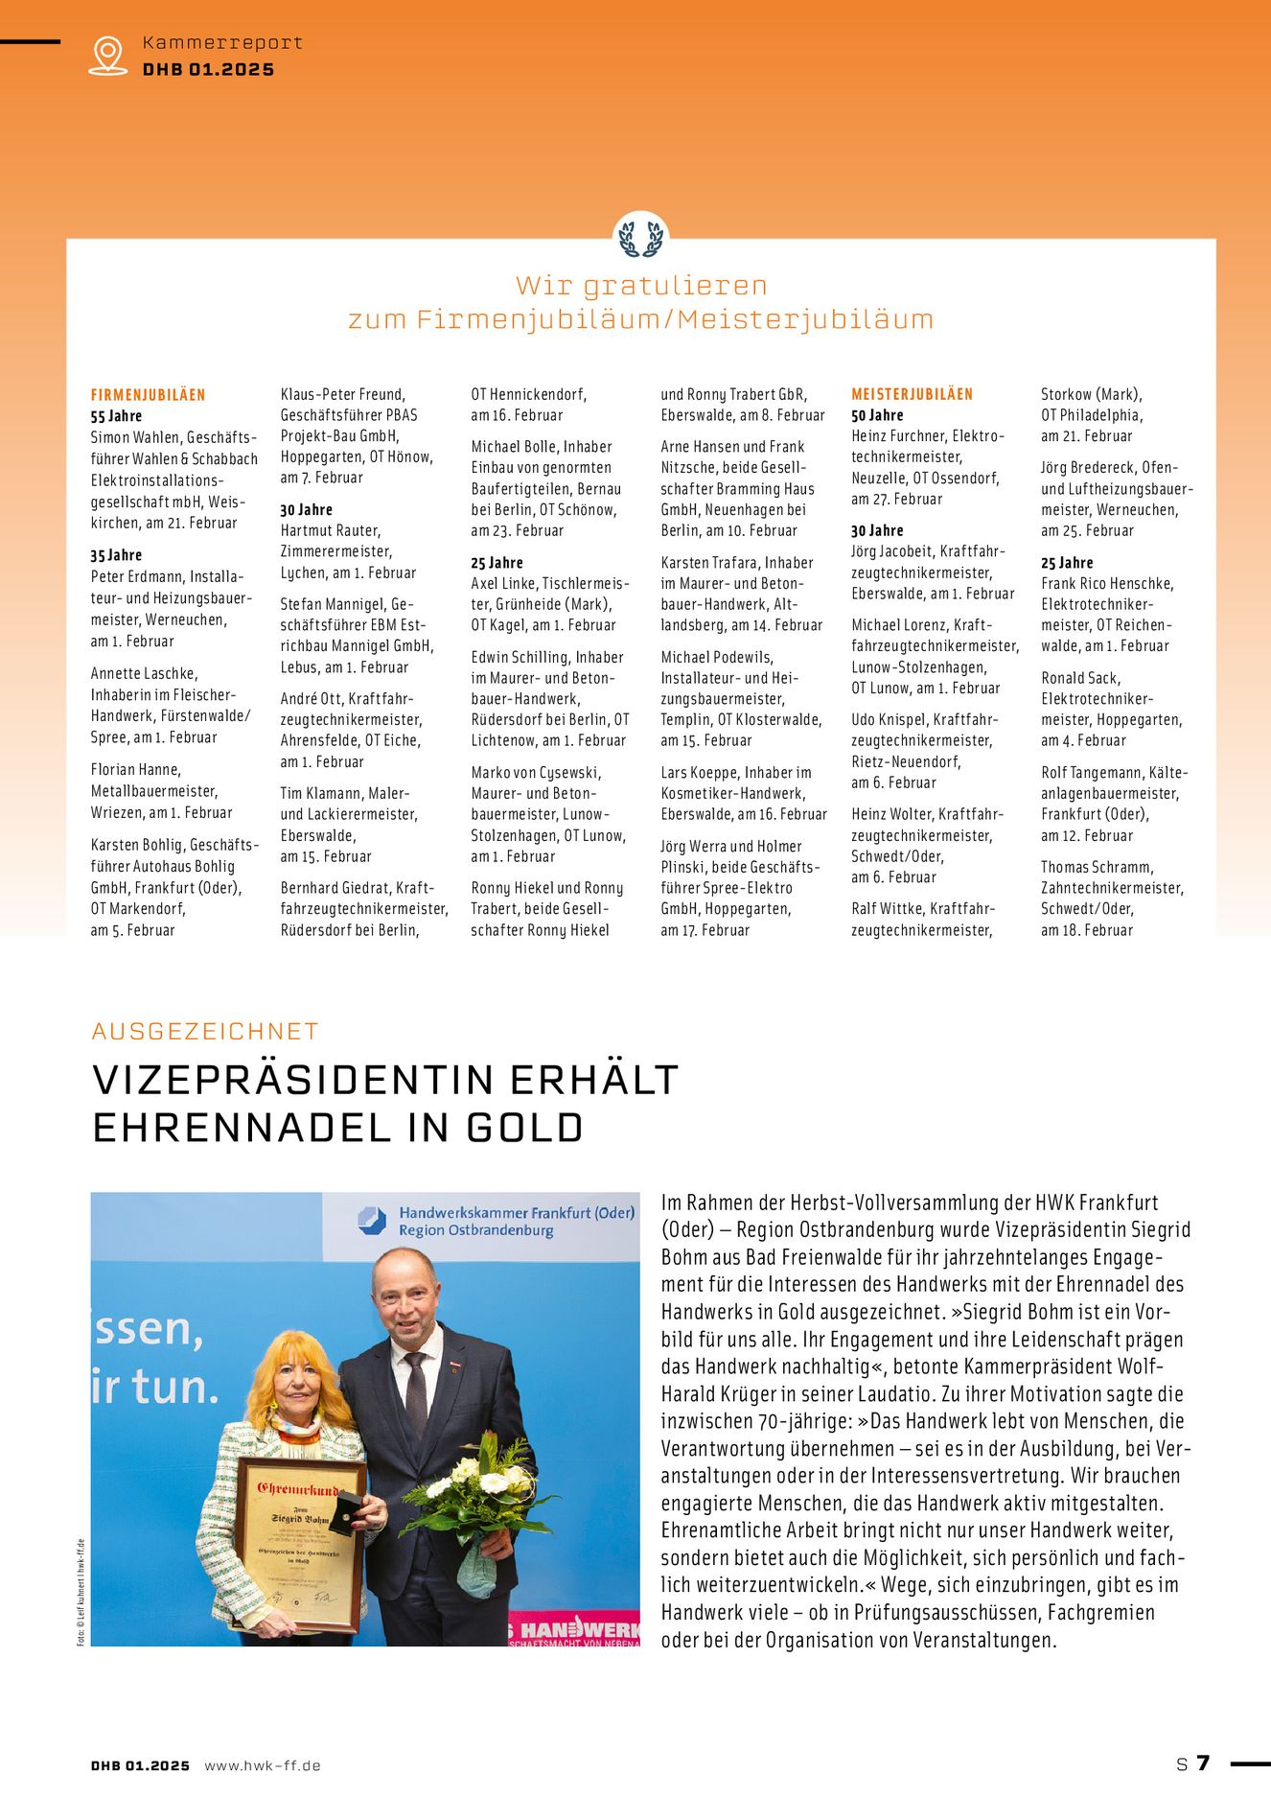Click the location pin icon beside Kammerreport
[107, 55]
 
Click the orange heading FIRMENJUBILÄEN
[148, 395]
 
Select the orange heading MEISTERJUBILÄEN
[912, 394]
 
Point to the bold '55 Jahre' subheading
[116, 416]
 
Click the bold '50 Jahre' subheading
[877, 415]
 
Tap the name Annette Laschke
[144, 673]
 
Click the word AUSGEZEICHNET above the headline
[205, 1031]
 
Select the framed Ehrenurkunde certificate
[299, 1544]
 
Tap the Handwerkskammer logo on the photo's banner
[372, 1221]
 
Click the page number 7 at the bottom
[1203, 1763]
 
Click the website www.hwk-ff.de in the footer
[263, 1765]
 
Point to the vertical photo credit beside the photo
[81, 1593]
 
